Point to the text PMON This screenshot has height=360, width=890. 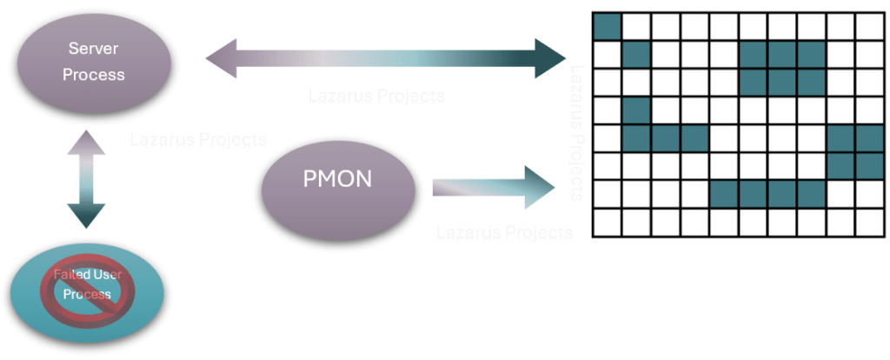pos(337,181)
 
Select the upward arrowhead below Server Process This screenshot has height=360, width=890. pos(86,143)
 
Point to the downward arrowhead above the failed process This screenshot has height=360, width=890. pos(86,215)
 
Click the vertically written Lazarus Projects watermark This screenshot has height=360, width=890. pos(576,130)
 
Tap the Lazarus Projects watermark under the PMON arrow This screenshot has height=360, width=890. pos(504,232)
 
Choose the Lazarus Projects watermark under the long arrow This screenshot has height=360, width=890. pos(376,96)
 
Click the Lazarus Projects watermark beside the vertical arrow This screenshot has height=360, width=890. pos(198,139)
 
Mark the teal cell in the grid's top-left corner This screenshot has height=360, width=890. pos(607,26)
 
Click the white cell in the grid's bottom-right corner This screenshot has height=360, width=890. pos(869,223)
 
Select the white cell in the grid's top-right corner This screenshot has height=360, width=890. pos(869,26)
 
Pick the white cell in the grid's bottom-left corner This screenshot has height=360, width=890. pos(607,223)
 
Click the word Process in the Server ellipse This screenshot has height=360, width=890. pos(94,75)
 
